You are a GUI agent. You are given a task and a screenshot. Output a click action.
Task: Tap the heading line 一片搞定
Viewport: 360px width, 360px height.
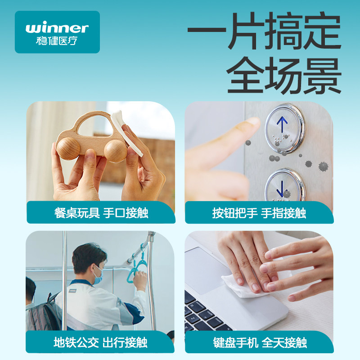click(264, 31)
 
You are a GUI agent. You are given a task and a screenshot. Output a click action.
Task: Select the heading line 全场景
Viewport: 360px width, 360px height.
click(284, 75)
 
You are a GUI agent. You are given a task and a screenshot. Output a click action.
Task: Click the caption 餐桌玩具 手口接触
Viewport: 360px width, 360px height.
click(101, 213)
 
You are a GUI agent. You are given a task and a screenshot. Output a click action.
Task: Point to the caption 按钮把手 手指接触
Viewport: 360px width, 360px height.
click(259, 213)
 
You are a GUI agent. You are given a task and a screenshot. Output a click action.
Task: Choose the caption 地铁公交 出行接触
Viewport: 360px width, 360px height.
click(100, 342)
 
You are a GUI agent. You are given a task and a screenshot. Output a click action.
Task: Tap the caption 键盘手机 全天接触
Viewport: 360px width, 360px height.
click(260, 342)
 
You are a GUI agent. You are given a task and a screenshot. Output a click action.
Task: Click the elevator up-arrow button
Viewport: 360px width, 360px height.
click(285, 129)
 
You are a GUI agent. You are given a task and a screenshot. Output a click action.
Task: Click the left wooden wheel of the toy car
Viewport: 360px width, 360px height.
click(68, 148)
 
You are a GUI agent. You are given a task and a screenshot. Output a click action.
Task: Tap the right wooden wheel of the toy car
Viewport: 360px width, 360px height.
click(116, 151)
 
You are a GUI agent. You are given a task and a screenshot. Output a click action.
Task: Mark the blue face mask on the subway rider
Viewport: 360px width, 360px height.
click(98, 276)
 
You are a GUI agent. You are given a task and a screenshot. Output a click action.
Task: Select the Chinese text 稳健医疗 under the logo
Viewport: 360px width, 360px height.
click(57, 40)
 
